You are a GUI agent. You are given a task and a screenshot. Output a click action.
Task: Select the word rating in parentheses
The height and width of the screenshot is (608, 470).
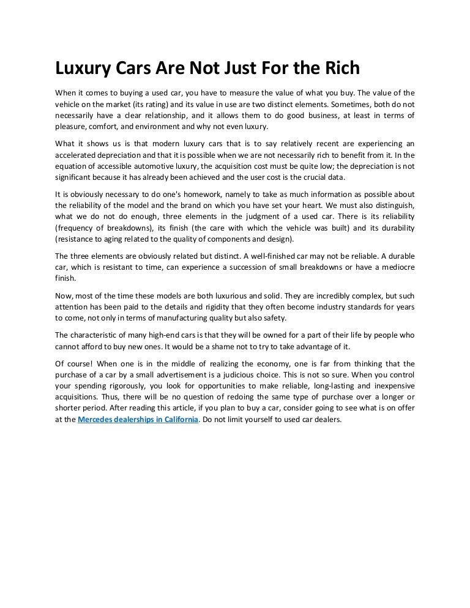tap(157, 104)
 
